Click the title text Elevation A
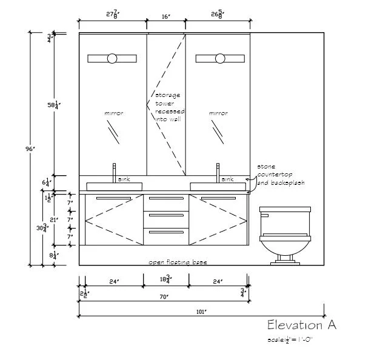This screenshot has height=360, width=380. point(301,325)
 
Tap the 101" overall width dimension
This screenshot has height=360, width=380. point(202,312)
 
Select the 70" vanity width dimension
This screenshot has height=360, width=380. point(164,296)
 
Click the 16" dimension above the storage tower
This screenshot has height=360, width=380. point(165,18)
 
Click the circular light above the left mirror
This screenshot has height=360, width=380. point(113,59)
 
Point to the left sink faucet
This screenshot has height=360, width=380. point(113,172)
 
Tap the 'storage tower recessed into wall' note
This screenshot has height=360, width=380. point(169,107)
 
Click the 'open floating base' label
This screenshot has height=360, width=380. point(178,262)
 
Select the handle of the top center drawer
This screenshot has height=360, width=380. point(165,199)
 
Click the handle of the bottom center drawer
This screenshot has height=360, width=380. point(165,231)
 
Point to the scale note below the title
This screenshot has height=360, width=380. point(290,339)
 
